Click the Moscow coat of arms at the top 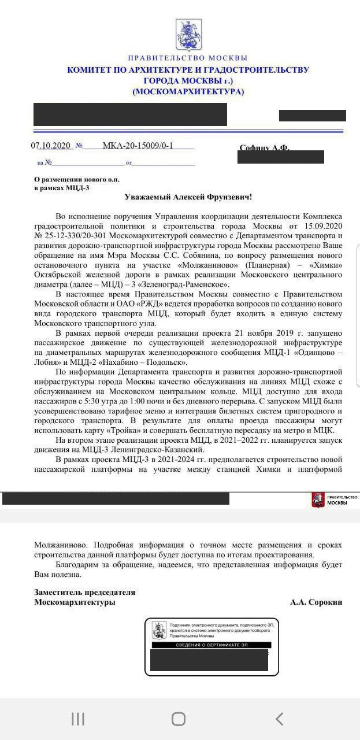(x=187, y=34)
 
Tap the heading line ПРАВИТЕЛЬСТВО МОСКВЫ (x=188, y=58)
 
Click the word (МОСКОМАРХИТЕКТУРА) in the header (x=188, y=92)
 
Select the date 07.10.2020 (x=50, y=146)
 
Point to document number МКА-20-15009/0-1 (x=138, y=146)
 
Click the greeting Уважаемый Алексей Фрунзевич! (x=188, y=197)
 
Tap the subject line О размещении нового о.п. (x=77, y=179)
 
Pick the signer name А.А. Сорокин (x=316, y=602)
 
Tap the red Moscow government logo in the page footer (x=318, y=500)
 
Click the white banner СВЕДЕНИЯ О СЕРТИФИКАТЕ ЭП (x=211, y=644)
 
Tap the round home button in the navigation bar (x=179, y=719)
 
